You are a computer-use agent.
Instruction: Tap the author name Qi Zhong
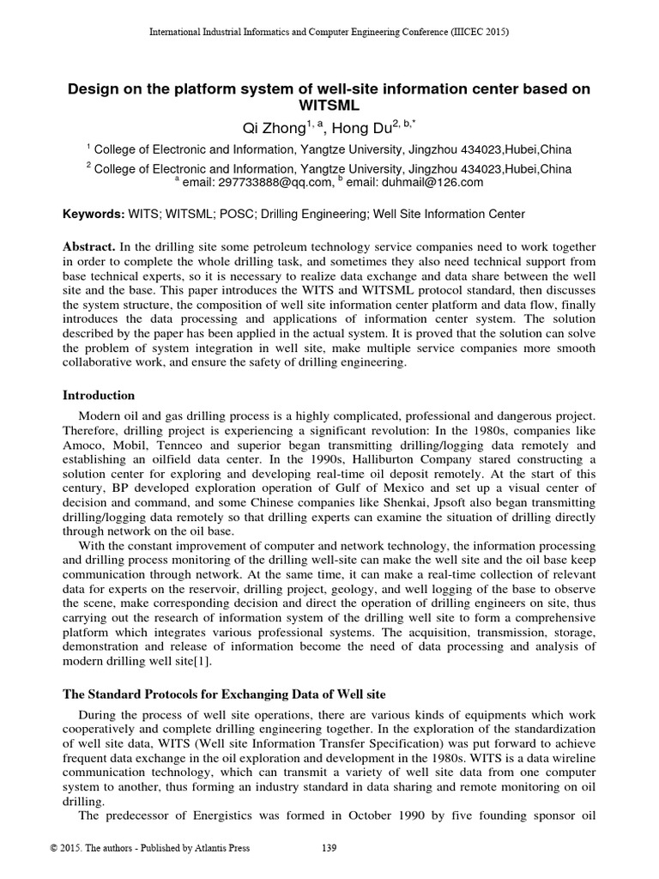pos(274,128)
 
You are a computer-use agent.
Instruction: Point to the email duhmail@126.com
pos(432,182)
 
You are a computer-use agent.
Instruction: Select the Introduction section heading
pos(100,396)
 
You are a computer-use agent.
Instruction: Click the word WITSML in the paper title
pos(329,106)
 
